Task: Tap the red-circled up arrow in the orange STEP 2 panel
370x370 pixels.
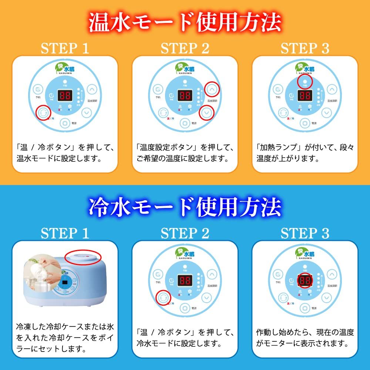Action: (x=212, y=89)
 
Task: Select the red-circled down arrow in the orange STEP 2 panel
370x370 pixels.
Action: (x=206, y=112)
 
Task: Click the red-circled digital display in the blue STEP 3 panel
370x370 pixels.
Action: (x=305, y=282)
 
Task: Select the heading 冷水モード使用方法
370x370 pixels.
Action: (x=185, y=207)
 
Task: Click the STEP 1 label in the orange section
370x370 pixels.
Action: (x=65, y=48)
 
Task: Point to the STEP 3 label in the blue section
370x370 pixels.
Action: (x=305, y=233)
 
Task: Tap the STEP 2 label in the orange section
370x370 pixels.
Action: (x=185, y=48)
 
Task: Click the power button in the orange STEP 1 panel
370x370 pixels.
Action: (x=65, y=122)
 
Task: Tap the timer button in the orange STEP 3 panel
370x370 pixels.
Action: (x=278, y=90)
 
